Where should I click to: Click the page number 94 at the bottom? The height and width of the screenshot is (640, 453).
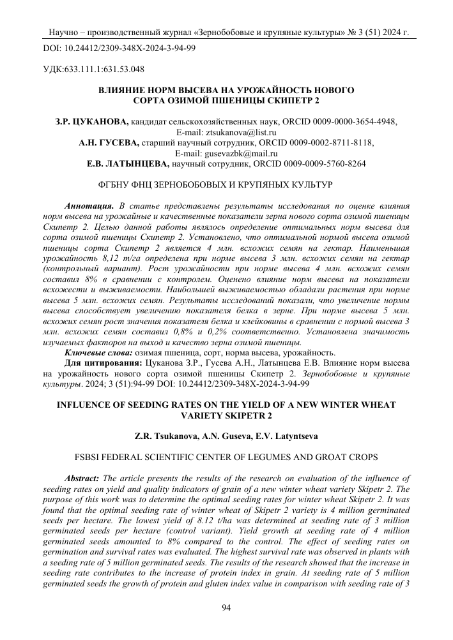[x=226, y=607]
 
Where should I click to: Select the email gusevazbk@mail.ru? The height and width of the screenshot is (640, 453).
[x=244, y=153]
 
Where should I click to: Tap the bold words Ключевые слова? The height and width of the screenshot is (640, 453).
[x=98, y=352]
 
